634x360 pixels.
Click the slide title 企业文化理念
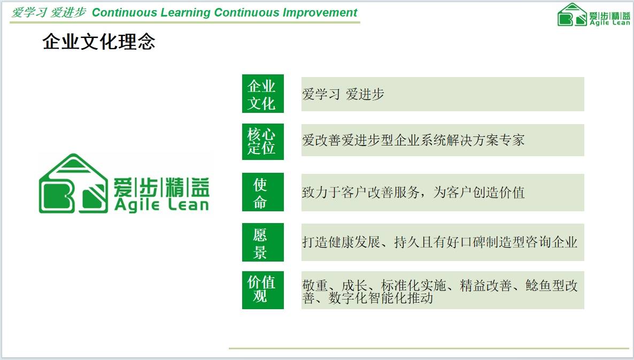point(99,42)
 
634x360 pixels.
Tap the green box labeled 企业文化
point(263,94)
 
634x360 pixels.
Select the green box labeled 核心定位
point(263,142)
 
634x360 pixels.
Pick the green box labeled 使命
point(263,192)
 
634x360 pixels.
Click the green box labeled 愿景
point(263,242)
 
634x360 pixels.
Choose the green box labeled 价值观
point(263,290)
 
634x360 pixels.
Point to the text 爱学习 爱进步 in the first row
point(343,94)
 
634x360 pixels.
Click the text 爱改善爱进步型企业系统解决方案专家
point(413,140)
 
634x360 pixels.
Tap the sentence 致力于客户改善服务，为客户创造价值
point(413,192)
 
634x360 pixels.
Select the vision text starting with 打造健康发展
point(439,242)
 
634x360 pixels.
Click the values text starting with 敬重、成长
point(439,292)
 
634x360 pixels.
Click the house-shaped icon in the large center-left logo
point(74,183)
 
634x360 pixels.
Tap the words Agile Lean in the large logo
point(161,204)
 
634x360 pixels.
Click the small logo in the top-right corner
point(593,15)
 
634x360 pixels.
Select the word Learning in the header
point(185,12)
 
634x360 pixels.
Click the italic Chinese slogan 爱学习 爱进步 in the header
point(49,12)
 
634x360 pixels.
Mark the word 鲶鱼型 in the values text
point(545,286)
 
